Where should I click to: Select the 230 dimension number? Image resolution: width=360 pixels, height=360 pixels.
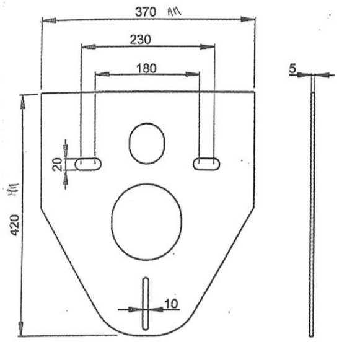[141, 38]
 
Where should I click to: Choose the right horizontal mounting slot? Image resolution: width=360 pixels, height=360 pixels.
[205, 162]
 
